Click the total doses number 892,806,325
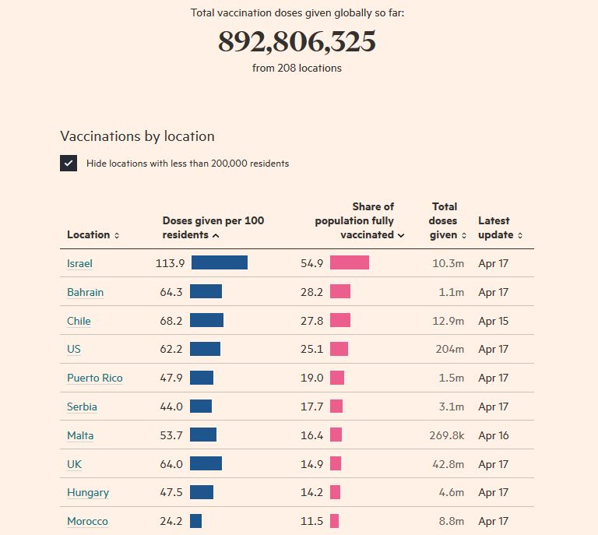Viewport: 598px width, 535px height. point(297,42)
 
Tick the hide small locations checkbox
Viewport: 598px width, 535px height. point(69,164)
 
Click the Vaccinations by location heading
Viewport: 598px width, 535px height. point(137,136)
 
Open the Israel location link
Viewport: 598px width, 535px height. point(79,263)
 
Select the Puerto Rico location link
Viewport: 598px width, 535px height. point(94,378)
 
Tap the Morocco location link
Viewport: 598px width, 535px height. point(87,521)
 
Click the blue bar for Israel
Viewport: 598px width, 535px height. point(220,263)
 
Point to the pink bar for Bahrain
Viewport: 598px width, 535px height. point(340,292)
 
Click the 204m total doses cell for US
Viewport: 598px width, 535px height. point(449,349)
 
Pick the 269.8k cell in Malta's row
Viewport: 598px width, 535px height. point(447,435)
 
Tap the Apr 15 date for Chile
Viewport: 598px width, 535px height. point(493,321)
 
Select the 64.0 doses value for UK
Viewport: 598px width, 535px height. point(171,464)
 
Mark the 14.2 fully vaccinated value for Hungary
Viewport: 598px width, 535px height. point(311,492)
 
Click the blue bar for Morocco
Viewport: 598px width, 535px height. point(195,521)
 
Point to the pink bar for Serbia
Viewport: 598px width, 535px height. point(336,407)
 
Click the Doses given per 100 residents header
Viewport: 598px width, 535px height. point(213,227)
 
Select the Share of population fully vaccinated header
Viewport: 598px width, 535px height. point(360,220)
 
